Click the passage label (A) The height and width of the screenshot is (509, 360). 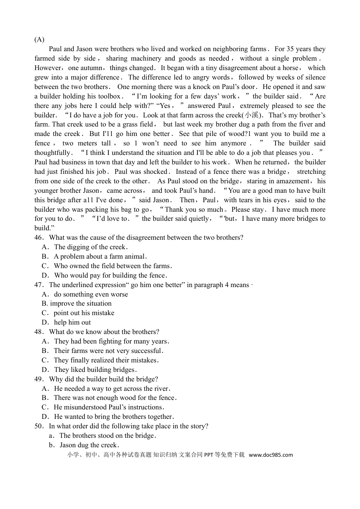[39, 39]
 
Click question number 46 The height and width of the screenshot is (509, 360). [39, 237]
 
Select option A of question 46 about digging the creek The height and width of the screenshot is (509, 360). [89, 247]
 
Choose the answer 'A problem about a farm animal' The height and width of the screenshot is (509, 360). [100, 256]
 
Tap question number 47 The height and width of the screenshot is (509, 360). [39, 285]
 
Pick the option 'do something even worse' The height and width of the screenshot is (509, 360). [91, 294]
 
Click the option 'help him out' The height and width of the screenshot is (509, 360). [72, 322]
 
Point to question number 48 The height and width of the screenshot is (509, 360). [39, 332]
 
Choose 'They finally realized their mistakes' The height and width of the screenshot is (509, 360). [106, 360]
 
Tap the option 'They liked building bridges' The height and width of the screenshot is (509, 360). [95, 370]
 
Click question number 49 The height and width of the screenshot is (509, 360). [39, 379]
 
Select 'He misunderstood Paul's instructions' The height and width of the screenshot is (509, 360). [109, 407]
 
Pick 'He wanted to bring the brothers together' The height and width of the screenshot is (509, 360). [114, 417]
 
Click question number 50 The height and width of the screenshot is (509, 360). [39, 426]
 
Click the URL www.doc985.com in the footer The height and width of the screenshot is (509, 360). [271, 455]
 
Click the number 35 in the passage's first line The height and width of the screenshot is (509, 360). [290, 49]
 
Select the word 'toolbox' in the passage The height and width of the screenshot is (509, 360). [109, 96]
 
